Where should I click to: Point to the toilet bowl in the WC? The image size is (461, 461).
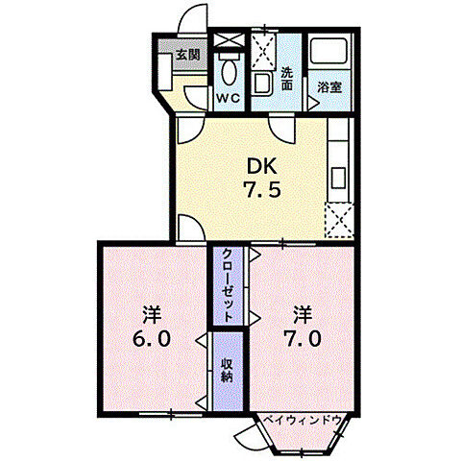click(228, 71)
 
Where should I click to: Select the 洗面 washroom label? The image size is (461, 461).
click(288, 78)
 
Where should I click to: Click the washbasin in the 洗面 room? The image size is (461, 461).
click(262, 85)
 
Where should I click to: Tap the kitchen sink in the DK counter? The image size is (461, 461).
click(339, 178)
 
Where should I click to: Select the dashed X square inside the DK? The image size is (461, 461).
click(339, 220)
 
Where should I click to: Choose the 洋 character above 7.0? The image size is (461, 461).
click(302, 314)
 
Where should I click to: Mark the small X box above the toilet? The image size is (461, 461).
click(228, 40)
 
